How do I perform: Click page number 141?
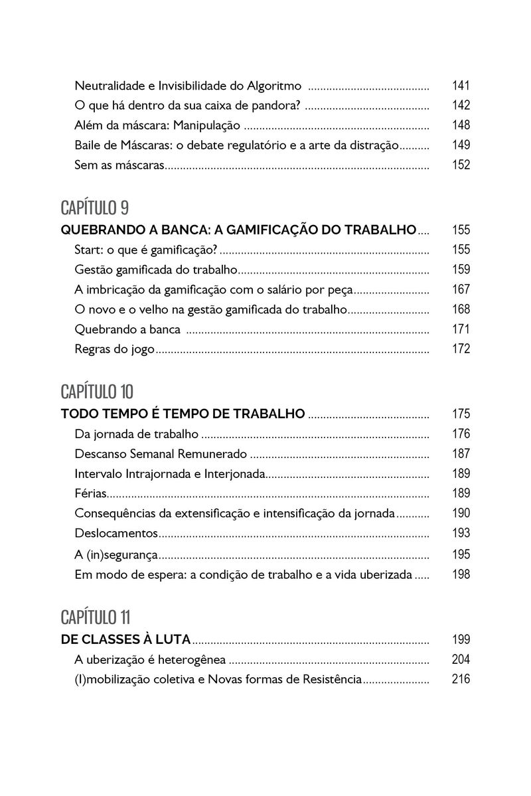(461, 86)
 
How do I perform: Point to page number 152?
(461, 165)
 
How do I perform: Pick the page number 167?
(461, 289)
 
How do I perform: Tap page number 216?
(461, 679)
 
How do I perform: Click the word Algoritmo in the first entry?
(275, 86)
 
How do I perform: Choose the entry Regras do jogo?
(114, 349)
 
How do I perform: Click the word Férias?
(90, 493)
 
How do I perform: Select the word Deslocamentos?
(116, 533)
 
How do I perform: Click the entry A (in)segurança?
(116, 554)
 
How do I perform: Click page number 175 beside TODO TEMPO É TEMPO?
(461, 414)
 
